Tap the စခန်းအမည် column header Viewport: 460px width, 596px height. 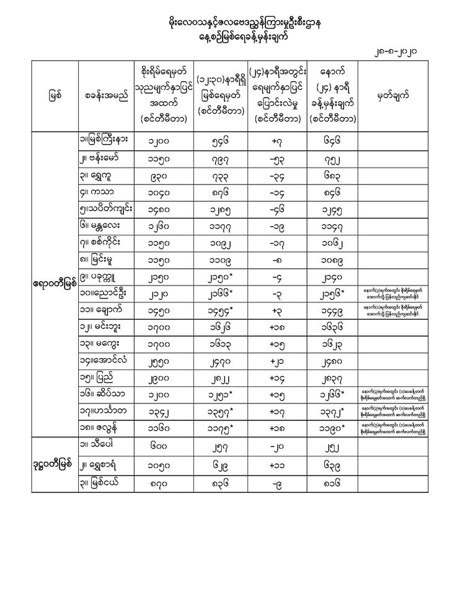click(105, 97)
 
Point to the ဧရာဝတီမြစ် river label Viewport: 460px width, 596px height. click(55, 284)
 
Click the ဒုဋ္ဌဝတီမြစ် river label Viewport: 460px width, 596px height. click(55, 463)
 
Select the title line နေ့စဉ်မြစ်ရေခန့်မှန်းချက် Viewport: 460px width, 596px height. click(231, 38)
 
